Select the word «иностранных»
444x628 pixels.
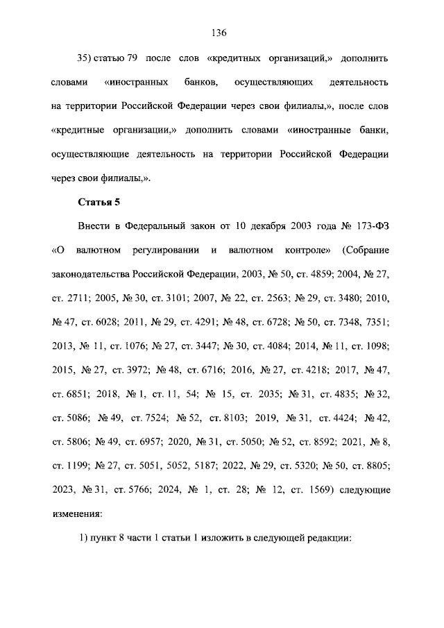137,83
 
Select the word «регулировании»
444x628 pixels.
166,250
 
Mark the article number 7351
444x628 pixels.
377,321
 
